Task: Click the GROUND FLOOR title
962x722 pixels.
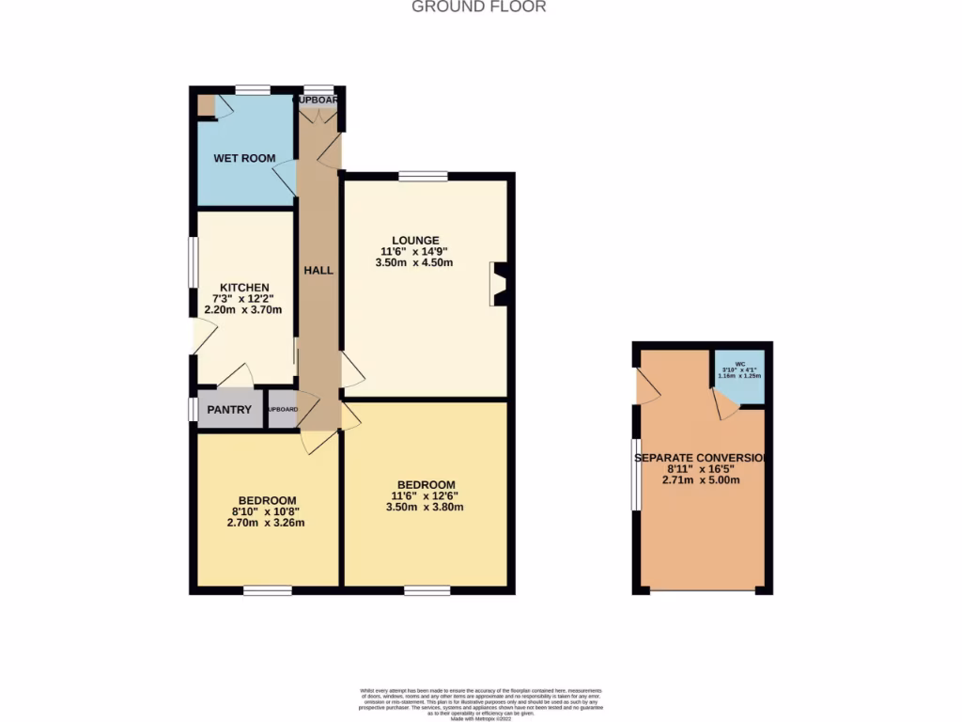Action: [479, 8]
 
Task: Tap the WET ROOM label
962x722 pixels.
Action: [244, 158]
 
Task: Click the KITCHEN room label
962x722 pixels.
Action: [244, 288]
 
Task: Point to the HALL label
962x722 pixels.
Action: [318, 270]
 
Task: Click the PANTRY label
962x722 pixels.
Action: [229, 410]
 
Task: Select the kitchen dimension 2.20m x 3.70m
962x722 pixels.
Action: [244, 310]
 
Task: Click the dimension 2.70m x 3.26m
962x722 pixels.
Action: [267, 523]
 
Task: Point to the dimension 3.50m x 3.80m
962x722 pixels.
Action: [426, 508]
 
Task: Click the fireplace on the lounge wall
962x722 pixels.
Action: [499, 284]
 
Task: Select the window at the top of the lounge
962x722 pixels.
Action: [423, 176]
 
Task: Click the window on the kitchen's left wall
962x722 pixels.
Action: [193, 259]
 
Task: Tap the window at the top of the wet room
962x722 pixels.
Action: [253, 90]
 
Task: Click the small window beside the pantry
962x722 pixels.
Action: [193, 410]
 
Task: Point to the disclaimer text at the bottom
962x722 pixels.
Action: [480, 704]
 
